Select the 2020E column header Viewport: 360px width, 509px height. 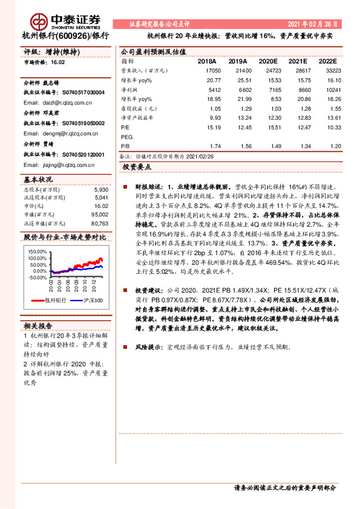click(269, 62)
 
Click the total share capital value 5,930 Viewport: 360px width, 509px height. click(101, 190)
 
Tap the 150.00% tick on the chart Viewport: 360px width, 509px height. click(38, 251)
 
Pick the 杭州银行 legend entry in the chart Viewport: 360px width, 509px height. click(54, 300)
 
